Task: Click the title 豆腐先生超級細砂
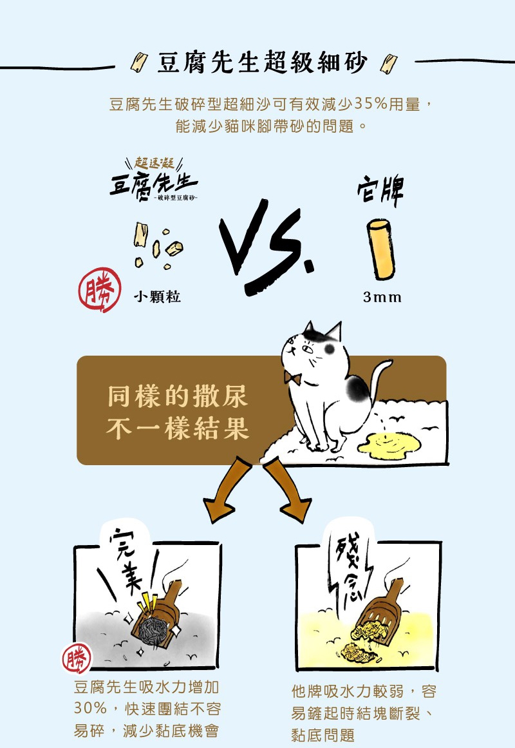click(263, 62)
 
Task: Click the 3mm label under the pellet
click(382, 297)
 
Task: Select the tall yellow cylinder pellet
click(381, 249)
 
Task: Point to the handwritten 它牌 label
click(380, 189)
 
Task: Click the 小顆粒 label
click(157, 297)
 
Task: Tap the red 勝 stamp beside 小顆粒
click(100, 289)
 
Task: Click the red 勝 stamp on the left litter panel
click(77, 658)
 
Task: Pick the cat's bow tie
click(292, 378)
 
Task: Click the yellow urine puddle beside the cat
click(389, 445)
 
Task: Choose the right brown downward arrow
click(288, 490)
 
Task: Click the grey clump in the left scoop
click(153, 630)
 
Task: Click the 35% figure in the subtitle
click(371, 104)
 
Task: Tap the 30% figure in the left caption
click(90, 707)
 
